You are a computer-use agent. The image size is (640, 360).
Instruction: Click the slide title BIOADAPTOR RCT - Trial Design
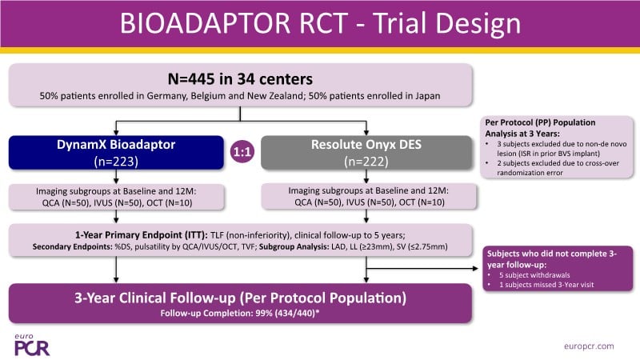(x=319, y=23)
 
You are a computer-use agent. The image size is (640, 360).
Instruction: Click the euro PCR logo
(x=30, y=342)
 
